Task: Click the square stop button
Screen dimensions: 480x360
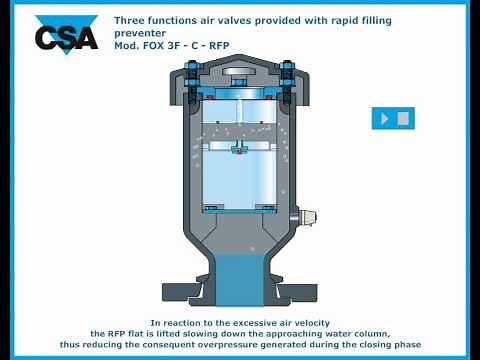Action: [403, 118]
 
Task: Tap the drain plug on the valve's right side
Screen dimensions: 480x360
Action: [307, 216]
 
